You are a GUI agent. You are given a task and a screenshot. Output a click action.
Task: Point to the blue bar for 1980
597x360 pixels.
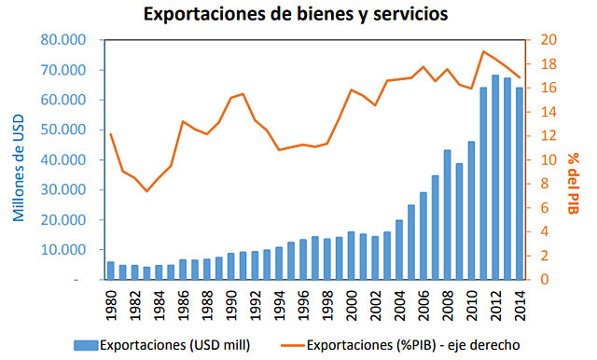coord(111,270)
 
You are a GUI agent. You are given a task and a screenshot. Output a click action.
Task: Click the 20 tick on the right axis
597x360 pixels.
coord(548,40)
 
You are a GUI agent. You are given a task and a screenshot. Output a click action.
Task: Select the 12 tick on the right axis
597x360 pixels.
coord(548,136)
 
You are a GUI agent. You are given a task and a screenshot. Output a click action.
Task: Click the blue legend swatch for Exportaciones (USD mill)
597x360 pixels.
coord(85,345)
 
